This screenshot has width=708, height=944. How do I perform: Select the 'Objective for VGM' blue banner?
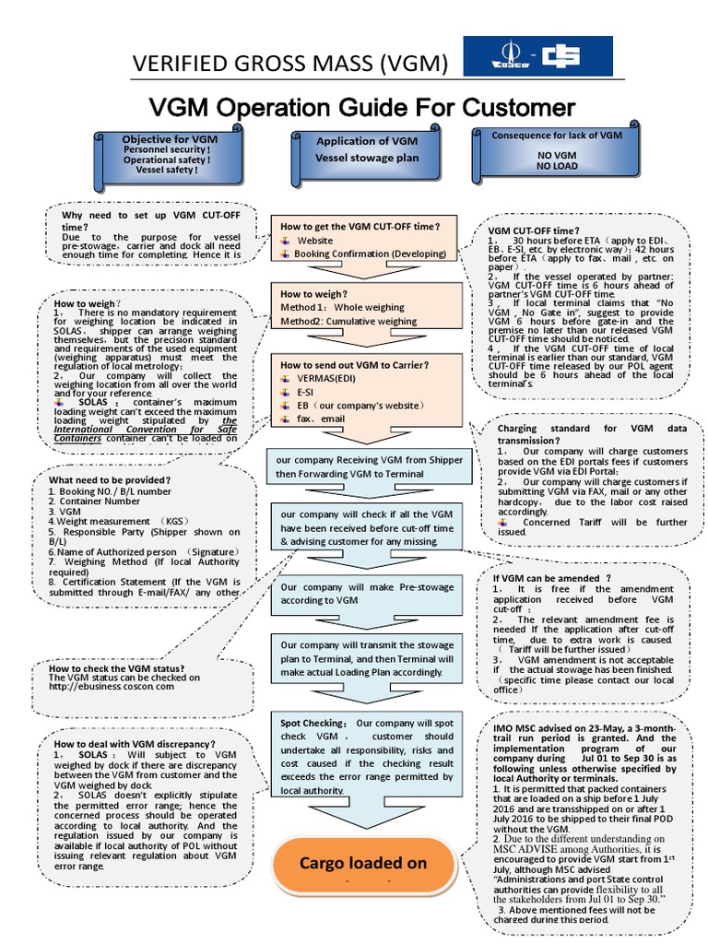pyautogui.click(x=166, y=154)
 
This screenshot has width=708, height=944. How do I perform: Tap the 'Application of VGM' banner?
pyautogui.click(x=367, y=149)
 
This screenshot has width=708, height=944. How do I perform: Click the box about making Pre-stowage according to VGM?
pyautogui.click(x=365, y=594)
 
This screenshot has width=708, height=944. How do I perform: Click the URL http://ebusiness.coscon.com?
pyautogui.click(x=124, y=687)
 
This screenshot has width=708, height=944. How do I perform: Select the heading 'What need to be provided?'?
pyautogui.click(x=110, y=480)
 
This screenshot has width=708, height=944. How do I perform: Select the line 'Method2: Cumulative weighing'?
pyautogui.click(x=348, y=322)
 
